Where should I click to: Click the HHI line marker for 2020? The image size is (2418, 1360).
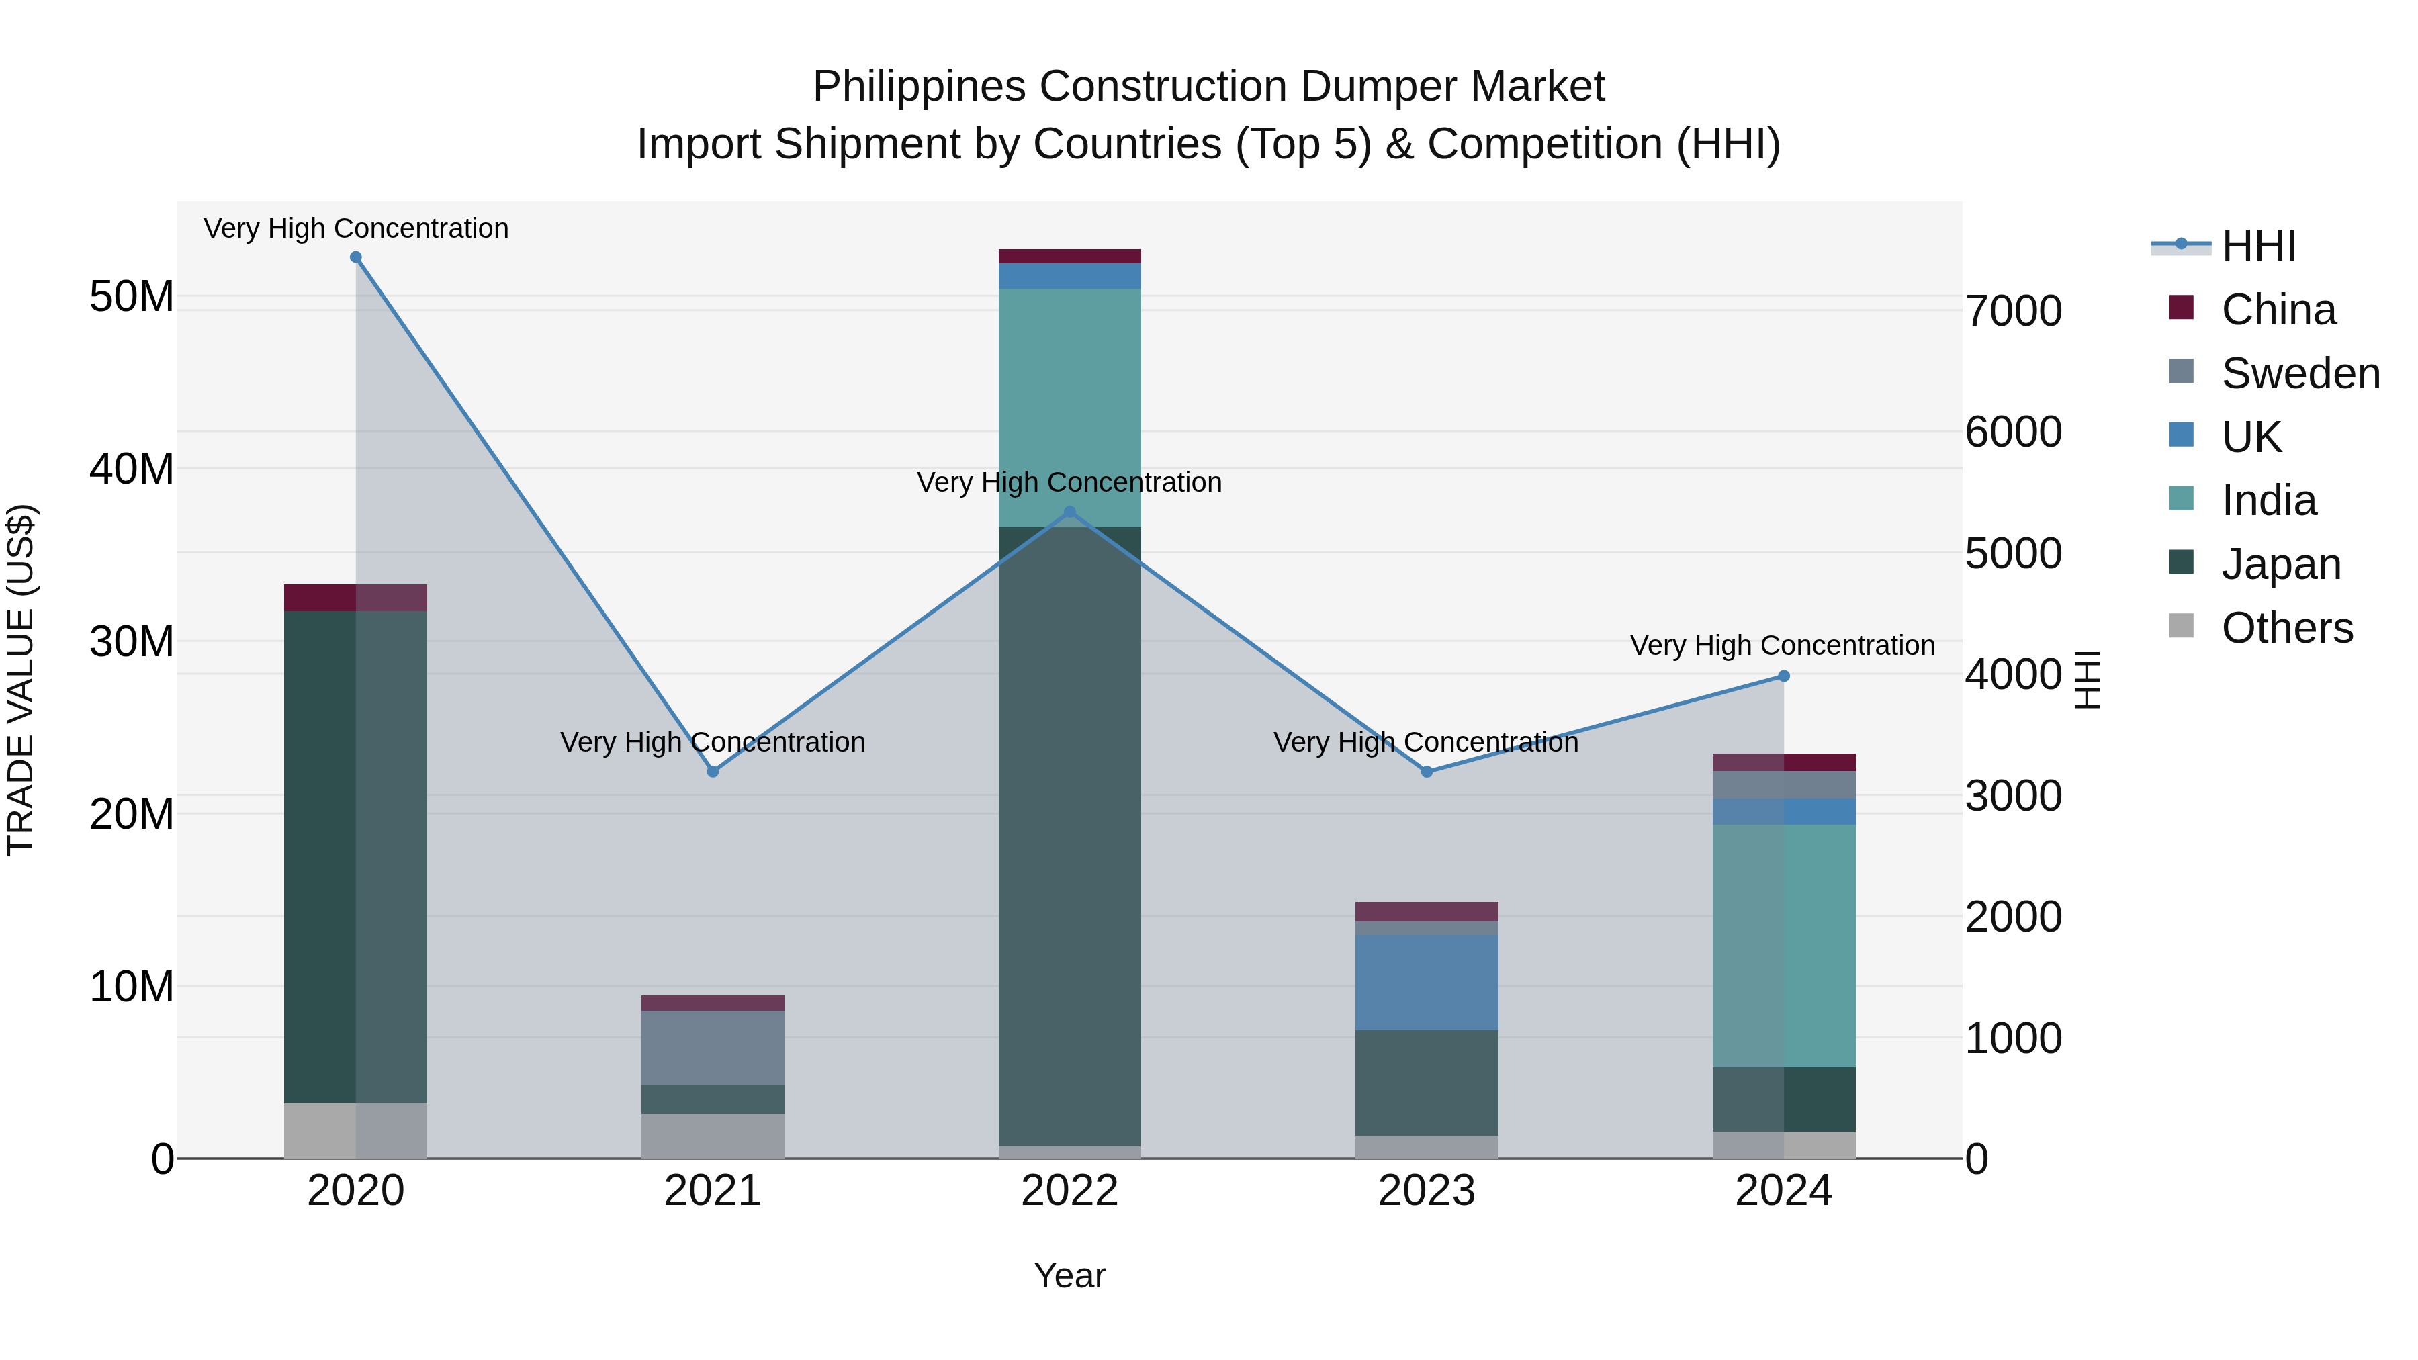click(356, 257)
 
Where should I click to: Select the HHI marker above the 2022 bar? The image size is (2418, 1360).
click(1069, 512)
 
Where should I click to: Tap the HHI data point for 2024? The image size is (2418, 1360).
click(1783, 676)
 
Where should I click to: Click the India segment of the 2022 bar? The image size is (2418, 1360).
click(1069, 408)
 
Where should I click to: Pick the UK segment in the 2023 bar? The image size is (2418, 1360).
click(1426, 982)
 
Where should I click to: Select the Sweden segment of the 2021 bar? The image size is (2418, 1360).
click(713, 1048)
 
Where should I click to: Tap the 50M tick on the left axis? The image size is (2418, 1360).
click(132, 297)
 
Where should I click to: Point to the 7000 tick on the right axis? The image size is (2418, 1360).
click(2014, 312)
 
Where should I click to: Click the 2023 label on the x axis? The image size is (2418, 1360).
click(1426, 1191)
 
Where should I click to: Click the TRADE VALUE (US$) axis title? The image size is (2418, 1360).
click(21, 680)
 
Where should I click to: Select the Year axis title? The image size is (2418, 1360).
click(1069, 1275)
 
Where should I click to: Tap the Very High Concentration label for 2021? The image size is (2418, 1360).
click(713, 742)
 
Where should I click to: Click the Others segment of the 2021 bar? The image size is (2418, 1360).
click(713, 1136)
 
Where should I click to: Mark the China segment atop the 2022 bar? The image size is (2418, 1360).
click(1069, 257)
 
